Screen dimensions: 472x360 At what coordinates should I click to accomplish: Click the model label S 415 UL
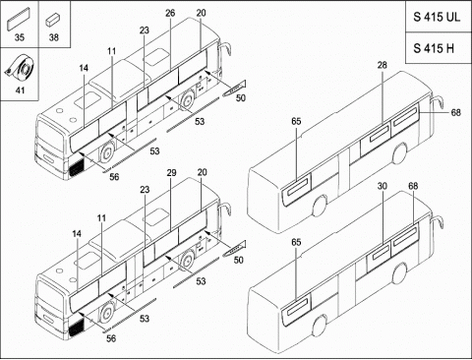tap(437, 17)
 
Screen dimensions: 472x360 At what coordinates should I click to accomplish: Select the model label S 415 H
tap(434, 48)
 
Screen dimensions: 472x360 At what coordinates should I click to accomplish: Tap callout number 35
tap(20, 37)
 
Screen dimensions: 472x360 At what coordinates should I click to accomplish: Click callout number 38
tap(54, 37)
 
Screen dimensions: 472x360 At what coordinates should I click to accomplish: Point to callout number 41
tap(20, 90)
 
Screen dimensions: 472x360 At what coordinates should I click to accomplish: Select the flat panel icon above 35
tap(19, 19)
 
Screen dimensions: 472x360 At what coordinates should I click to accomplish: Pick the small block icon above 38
tap(52, 20)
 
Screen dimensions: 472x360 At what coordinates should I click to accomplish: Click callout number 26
tap(170, 13)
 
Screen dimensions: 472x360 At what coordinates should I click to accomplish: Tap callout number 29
tap(171, 173)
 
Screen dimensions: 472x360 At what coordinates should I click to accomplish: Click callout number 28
tap(382, 65)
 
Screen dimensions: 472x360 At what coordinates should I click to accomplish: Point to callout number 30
tap(383, 186)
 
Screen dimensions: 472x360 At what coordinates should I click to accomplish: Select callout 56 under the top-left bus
tap(114, 177)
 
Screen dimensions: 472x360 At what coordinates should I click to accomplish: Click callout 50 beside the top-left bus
tap(241, 97)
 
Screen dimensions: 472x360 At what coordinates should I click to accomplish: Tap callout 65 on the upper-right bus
tap(296, 121)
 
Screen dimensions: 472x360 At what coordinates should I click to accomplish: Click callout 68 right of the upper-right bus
tap(455, 112)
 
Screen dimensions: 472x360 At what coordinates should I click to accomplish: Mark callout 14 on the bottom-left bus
tap(77, 234)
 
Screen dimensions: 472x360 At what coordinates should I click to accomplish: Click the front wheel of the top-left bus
tap(107, 151)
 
